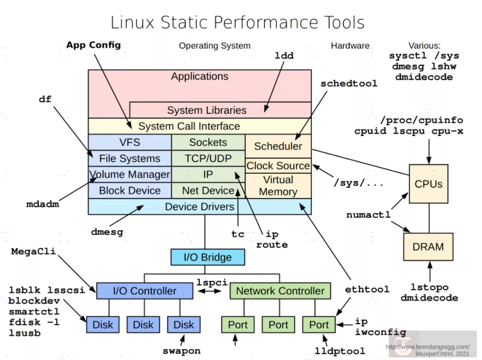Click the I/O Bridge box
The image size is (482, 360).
pyautogui.click(x=208, y=257)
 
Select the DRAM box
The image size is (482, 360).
pyautogui.click(x=428, y=247)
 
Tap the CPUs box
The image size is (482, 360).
pyautogui.click(x=428, y=184)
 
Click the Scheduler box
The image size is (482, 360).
pyautogui.click(x=278, y=146)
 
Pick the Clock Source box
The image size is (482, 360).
pyautogui.click(x=278, y=166)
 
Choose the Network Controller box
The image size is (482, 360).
pyautogui.click(x=280, y=291)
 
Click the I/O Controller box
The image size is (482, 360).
pyautogui.click(x=144, y=291)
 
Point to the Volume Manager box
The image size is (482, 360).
pyautogui.click(x=130, y=174)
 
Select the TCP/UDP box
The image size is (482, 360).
pyautogui.click(x=208, y=158)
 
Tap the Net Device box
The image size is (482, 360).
pyautogui.click(x=208, y=190)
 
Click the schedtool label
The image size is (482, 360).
pyautogui.click(x=348, y=83)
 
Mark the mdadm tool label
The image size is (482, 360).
pyautogui.click(x=42, y=204)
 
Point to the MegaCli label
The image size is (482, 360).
pyautogui.click(x=33, y=252)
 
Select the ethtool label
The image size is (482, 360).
pyautogui.click(x=367, y=289)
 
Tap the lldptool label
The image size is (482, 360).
pyautogui.click(x=340, y=351)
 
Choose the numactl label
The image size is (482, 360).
pyautogui.click(x=368, y=215)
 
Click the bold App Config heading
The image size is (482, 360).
pyautogui.click(x=93, y=45)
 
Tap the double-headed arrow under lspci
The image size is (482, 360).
pyautogui.click(x=211, y=291)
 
